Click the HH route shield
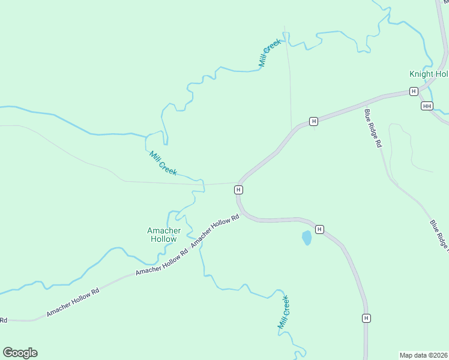427,106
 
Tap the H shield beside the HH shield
414,91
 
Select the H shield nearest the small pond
319,229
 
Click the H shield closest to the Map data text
365,318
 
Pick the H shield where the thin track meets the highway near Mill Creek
238,190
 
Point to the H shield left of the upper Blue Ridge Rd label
313,122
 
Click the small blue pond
307,238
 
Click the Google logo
20,353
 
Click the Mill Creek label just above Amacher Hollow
163,163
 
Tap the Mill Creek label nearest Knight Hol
270,53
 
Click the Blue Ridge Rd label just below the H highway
373,128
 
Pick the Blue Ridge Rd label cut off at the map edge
439,235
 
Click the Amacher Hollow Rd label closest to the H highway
215,230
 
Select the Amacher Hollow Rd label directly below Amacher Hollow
161,262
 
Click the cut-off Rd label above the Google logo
3,320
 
